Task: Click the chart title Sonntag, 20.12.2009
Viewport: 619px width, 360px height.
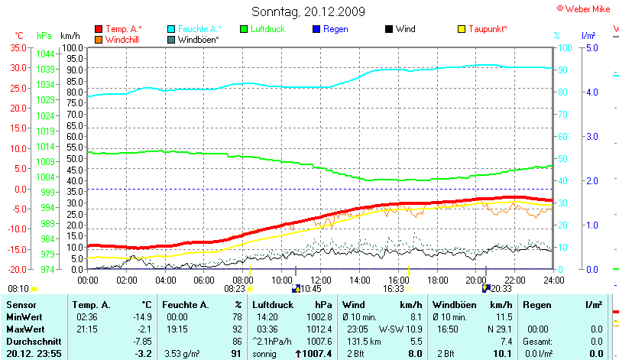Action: (x=308, y=11)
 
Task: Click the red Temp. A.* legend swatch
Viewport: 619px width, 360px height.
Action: (x=99, y=29)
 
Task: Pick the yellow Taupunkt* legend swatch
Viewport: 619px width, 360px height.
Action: (x=462, y=29)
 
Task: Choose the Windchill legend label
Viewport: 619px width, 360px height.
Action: (x=122, y=39)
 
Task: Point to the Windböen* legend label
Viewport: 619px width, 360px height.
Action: (x=199, y=39)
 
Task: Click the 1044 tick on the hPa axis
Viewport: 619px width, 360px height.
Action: (x=44, y=54)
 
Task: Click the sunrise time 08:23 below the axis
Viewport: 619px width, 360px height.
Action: (x=234, y=289)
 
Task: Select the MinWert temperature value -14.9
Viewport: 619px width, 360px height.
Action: (x=141, y=316)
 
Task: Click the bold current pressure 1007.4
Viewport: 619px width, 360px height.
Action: (x=315, y=354)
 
